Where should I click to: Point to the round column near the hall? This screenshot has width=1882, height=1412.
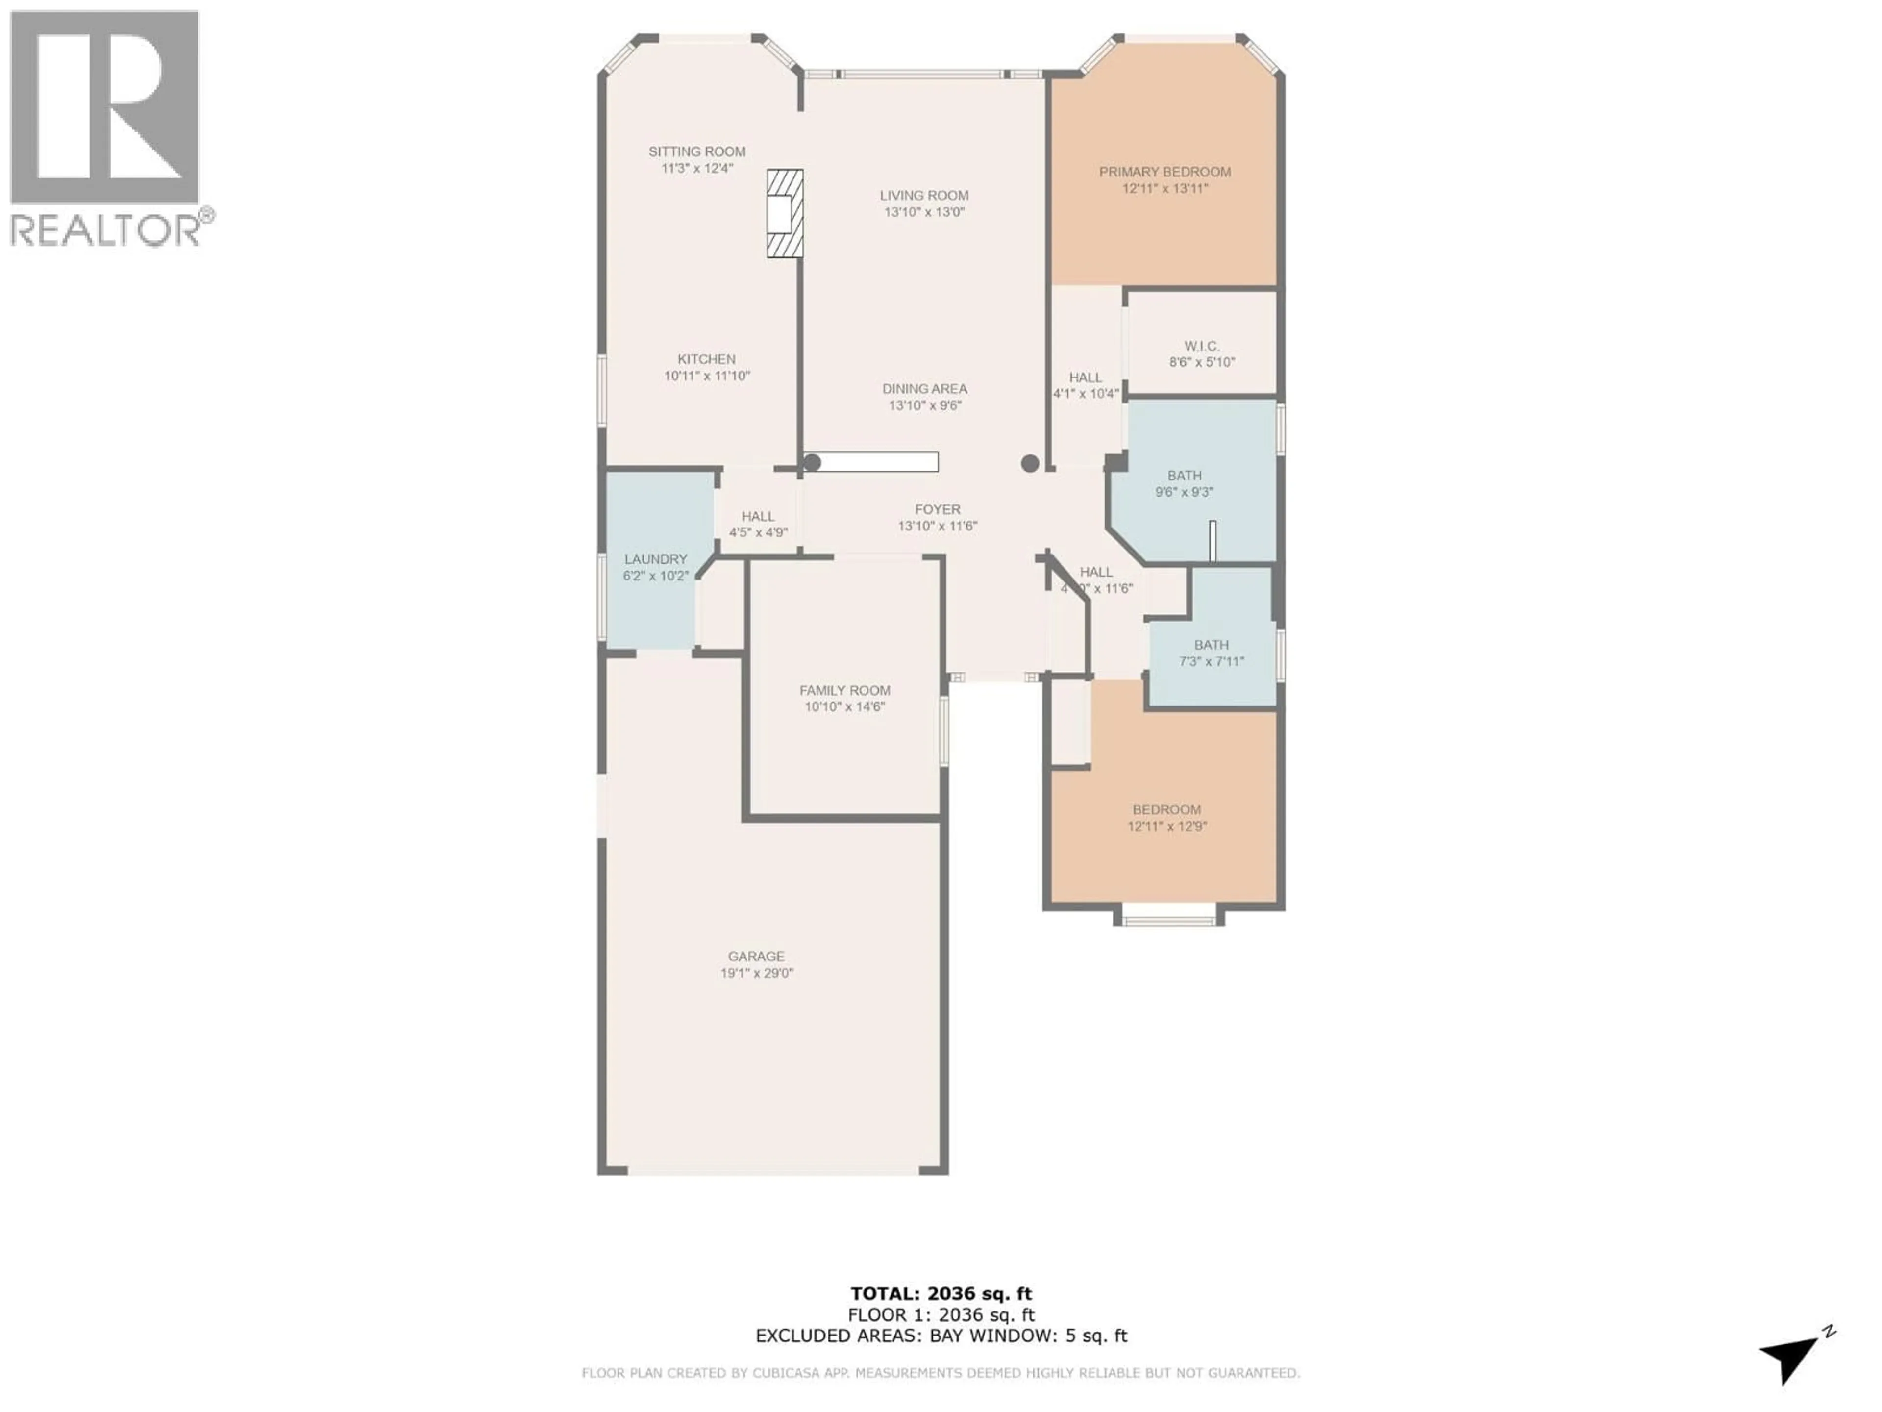point(1030,464)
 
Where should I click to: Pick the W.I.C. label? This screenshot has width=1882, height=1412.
point(1201,346)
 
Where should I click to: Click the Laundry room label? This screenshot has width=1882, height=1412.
point(655,559)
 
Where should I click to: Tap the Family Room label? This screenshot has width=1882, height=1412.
point(845,690)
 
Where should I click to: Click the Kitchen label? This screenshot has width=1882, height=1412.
point(706,359)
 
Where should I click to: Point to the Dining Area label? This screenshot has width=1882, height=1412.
point(924,389)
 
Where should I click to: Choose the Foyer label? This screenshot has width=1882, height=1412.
point(938,509)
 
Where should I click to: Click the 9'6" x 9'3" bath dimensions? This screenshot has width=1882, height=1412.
point(1184,492)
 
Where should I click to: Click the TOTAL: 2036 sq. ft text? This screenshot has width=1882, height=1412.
point(941,1294)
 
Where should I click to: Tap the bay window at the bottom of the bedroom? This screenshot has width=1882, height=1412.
point(1169,917)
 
